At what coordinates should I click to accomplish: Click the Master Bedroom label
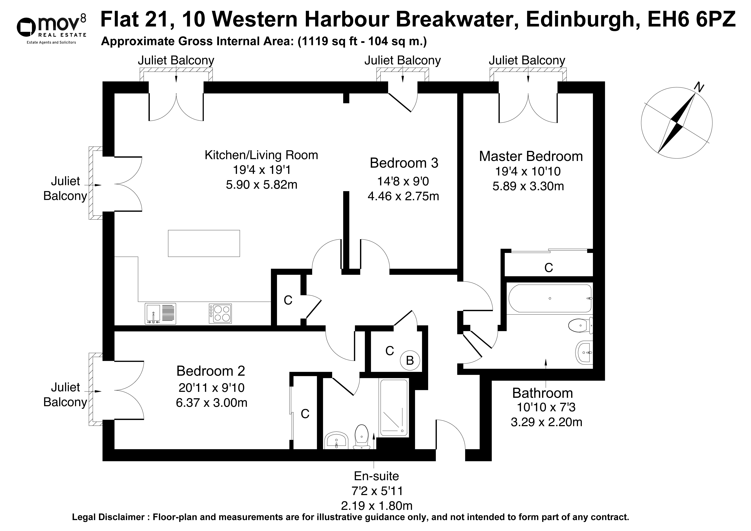[x=531, y=156]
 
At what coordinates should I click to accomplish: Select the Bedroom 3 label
[x=404, y=163]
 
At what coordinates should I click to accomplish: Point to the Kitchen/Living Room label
[x=261, y=155]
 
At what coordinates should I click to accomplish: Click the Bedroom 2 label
[x=211, y=371]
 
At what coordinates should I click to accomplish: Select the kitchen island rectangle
[x=204, y=243]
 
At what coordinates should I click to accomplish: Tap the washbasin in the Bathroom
[x=584, y=352]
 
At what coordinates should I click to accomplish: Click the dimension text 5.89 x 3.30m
[x=528, y=186]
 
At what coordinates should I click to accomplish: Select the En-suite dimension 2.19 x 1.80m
[x=376, y=506]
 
